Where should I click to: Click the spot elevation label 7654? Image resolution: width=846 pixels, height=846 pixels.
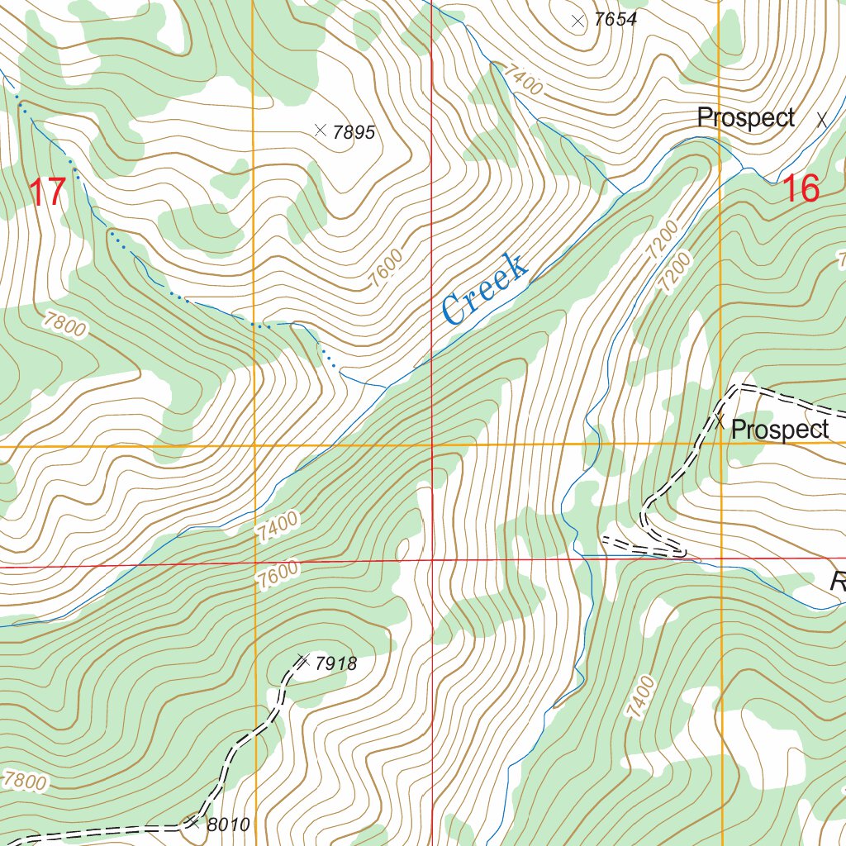coord(615,20)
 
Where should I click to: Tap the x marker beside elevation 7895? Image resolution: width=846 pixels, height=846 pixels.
coord(321,130)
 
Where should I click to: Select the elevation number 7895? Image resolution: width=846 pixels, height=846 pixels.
coord(354,132)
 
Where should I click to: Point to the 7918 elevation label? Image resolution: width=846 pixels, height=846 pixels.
coord(336,663)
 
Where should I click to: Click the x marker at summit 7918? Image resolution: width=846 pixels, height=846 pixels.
coord(302,659)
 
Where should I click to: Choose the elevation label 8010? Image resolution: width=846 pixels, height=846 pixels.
coord(228,825)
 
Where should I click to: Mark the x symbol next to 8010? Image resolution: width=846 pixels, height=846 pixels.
coord(192,821)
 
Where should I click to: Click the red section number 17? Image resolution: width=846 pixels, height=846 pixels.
coord(46,192)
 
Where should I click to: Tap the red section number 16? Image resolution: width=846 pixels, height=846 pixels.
coord(800,189)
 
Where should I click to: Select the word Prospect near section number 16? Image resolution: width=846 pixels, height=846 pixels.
coord(746,118)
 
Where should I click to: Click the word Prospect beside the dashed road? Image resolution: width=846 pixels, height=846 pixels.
coord(780,430)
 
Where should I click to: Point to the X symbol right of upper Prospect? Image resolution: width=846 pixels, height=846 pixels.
coord(821,120)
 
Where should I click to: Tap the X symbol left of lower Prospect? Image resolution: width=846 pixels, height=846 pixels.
coord(720,423)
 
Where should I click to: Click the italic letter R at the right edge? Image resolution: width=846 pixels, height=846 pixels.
coord(838,583)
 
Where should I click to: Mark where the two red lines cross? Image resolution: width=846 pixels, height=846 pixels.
coord(432,560)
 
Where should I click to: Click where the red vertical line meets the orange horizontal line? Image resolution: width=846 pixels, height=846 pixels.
coord(432,444)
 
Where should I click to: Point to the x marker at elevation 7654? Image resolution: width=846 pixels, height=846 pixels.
coord(577,21)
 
